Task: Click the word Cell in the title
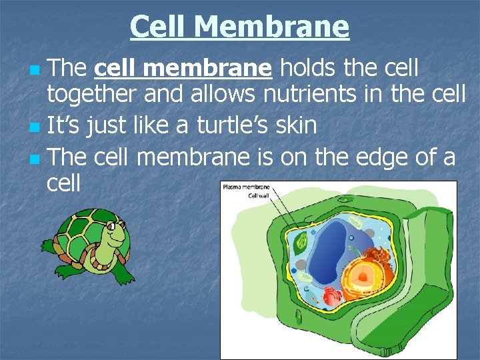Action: pos(160,27)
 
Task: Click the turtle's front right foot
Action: pos(123,274)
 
